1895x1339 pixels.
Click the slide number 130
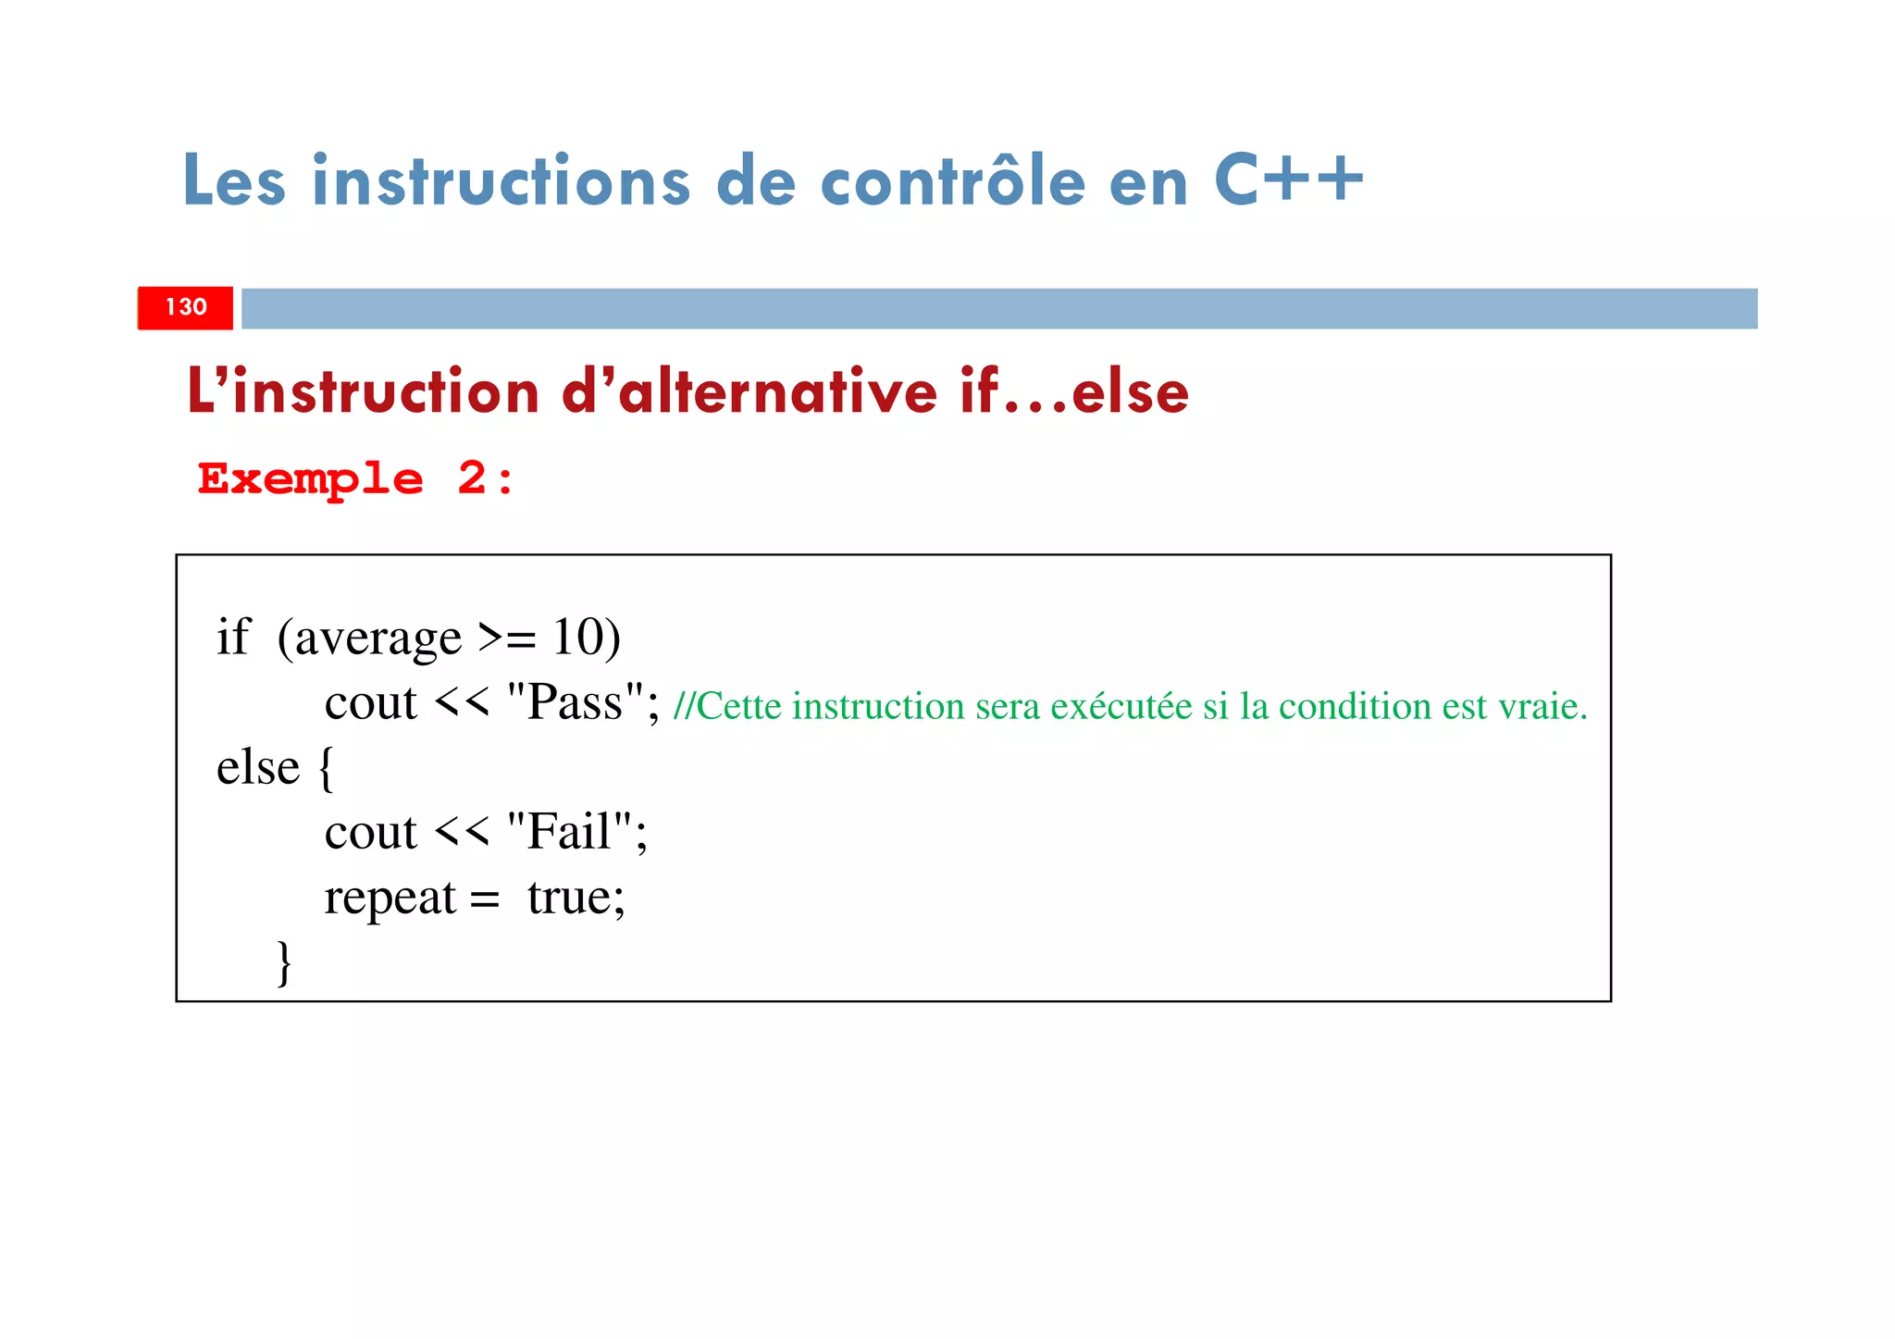click(x=186, y=307)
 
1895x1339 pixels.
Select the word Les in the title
click(x=234, y=181)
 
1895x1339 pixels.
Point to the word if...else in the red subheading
click(x=1074, y=391)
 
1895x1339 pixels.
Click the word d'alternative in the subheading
click(x=749, y=391)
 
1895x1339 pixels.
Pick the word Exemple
click(x=311, y=479)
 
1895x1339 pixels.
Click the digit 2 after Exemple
click(x=472, y=478)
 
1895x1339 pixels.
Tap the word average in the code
click(x=378, y=639)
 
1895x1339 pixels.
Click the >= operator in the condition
click(x=507, y=638)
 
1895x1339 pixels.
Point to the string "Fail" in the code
click(x=570, y=831)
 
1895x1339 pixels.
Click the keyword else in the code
click(x=258, y=767)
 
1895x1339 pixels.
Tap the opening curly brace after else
click(x=325, y=769)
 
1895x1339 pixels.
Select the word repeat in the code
click(x=390, y=898)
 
